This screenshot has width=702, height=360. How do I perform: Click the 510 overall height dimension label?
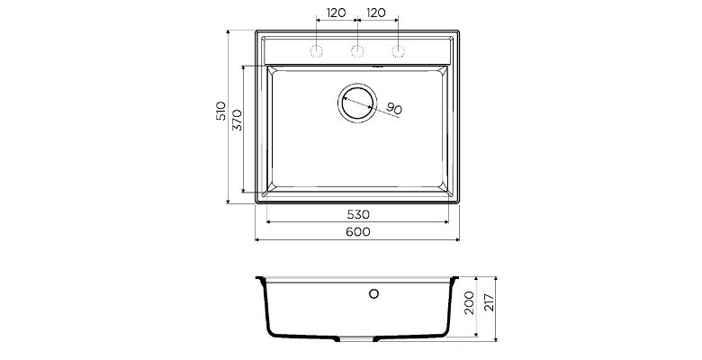click(x=220, y=111)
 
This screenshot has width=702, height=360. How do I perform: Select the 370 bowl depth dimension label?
click(x=238, y=120)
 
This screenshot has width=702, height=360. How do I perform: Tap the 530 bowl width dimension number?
click(x=358, y=214)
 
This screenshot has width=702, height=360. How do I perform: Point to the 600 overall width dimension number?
click(x=358, y=231)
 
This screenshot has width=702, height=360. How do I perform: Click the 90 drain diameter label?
click(x=394, y=108)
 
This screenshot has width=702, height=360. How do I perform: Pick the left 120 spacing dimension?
click(x=337, y=13)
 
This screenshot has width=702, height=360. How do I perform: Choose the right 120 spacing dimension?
click(x=376, y=13)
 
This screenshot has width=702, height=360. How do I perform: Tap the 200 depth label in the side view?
click(x=469, y=302)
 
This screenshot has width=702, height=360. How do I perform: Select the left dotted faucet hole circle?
click(x=317, y=51)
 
